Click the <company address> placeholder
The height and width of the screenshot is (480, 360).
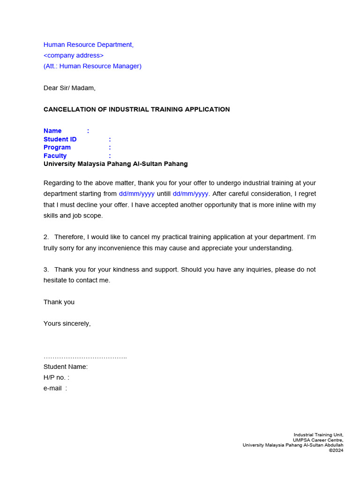point(74,55)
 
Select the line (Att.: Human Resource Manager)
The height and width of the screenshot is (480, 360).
point(92,66)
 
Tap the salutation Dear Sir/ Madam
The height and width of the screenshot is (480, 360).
point(69,88)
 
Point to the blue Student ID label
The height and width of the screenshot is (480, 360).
point(60,139)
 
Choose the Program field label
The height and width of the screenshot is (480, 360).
point(57,147)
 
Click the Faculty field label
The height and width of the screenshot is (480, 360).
point(55,156)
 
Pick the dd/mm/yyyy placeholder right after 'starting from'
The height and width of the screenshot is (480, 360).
point(136,194)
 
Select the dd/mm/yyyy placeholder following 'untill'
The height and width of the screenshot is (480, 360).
point(190,194)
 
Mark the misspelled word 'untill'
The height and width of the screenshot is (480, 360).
point(164,194)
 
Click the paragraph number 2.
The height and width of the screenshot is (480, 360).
point(46,237)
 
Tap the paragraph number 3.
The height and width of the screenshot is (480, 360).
point(46,270)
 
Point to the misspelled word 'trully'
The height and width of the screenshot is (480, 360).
point(52,248)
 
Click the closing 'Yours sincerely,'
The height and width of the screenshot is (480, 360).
point(67,323)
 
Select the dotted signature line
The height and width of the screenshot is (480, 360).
point(85,357)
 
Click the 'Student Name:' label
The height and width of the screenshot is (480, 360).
point(66,367)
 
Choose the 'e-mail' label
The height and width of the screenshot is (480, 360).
point(53,388)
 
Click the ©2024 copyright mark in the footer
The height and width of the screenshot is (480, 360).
point(336,450)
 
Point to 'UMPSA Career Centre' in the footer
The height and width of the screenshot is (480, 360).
point(318,440)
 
